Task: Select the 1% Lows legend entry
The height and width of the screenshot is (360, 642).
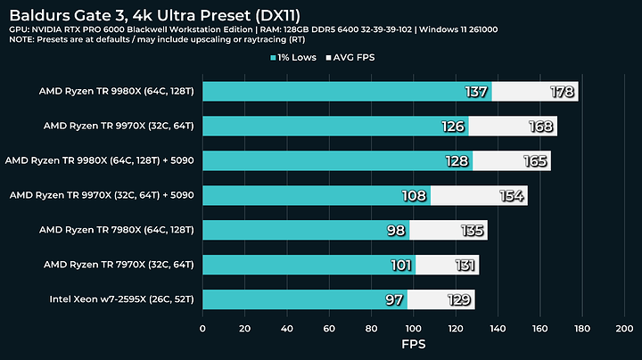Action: (300, 59)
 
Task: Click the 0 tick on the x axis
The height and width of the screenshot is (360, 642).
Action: (203, 327)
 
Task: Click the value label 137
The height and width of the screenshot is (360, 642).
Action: (477, 92)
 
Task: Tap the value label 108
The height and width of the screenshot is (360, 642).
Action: (416, 195)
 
